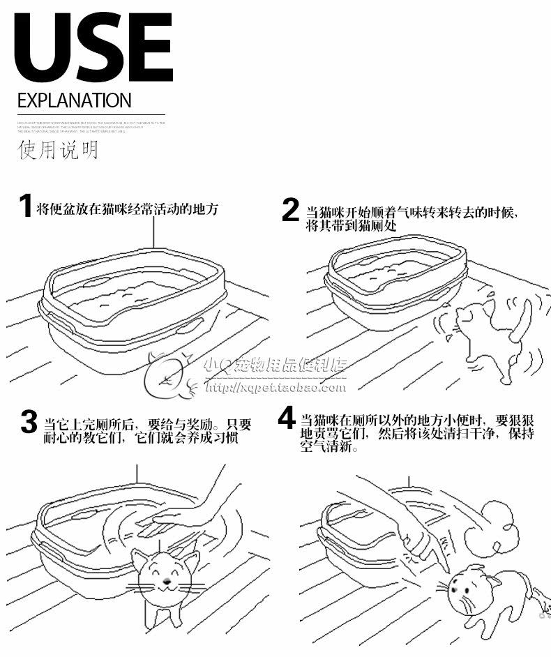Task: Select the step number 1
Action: tap(25, 207)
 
